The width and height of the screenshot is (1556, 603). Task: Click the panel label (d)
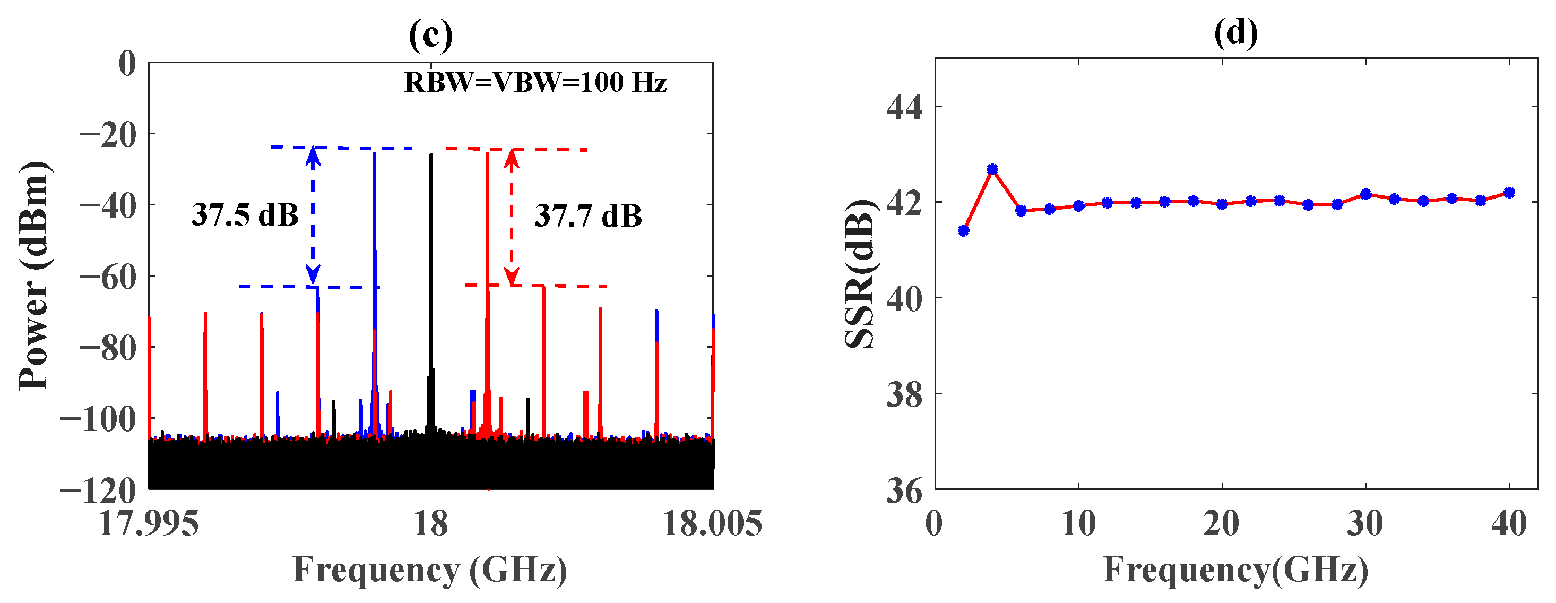pyautogui.click(x=1236, y=32)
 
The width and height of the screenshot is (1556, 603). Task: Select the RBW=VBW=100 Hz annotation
pyautogui.click(x=535, y=83)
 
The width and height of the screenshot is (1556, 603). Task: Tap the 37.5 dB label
pyautogui.click(x=245, y=214)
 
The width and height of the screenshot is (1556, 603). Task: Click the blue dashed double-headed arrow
pyautogui.click(x=312, y=216)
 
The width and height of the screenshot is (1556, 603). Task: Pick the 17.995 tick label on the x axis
pyautogui.click(x=149, y=523)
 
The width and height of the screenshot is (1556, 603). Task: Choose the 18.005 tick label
pyautogui.click(x=712, y=523)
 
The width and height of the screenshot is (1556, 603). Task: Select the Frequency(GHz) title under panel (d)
pyautogui.click(x=1236, y=569)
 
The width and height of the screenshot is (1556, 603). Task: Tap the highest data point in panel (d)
pyautogui.click(x=992, y=169)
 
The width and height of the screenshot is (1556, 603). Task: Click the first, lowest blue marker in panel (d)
pyautogui.click(x=963, y=230)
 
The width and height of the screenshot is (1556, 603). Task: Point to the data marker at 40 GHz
pyautogui.click(x=1509, y=193)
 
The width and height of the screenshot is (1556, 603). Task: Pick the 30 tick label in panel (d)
pyautogui.click(x=1365, y=523)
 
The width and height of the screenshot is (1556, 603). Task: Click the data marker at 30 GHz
pyautogui.click(x=1365, y=194)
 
